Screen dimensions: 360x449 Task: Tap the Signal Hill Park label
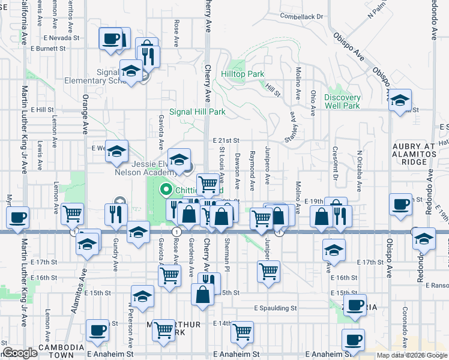point(197,112)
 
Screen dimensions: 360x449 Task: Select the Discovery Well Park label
point(342,101)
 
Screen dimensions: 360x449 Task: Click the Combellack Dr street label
point(301,17)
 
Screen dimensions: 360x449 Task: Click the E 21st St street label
point(226,140)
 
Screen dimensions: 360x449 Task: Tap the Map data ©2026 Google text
point(412,355)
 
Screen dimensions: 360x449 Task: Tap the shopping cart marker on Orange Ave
point(72,212)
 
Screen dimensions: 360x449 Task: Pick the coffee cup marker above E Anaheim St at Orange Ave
point(97,329)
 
